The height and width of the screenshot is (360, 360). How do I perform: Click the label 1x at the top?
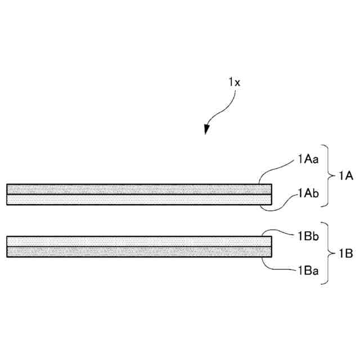[235, 82]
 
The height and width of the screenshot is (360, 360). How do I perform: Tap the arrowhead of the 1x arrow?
[208, 129]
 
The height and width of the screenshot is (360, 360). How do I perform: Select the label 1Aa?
[309, 159]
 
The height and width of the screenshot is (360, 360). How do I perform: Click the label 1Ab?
[309, 195]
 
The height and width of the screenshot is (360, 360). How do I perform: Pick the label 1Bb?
[309, 236]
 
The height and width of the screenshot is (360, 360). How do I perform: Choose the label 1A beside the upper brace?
[345, 176]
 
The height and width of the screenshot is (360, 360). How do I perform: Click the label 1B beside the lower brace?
[345, 254]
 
